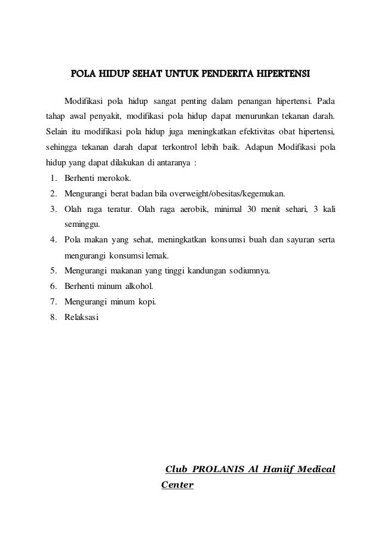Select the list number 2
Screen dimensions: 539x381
[x=53, y=193]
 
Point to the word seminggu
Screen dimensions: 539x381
[x=82, y=225]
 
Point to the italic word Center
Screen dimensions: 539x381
[x=177, y=484]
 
